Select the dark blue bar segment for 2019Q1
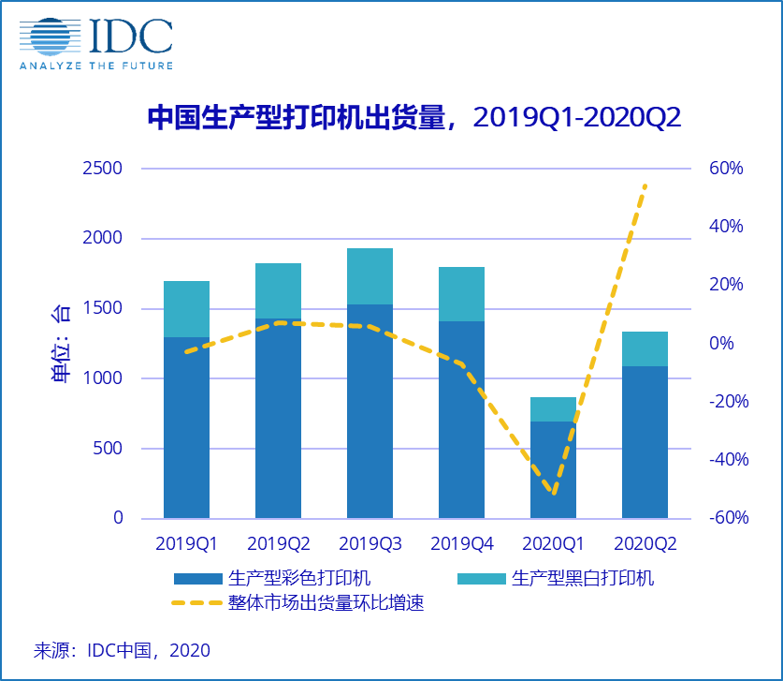point(186,426)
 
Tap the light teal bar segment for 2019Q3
point(370,276)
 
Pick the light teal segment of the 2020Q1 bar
point(553,409)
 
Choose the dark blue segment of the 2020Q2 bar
point(645,441)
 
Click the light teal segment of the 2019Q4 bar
point(461,294)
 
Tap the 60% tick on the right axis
point(726,169)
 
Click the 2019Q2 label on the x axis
point(278,543)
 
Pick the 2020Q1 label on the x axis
point(553,543)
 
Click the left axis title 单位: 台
point(59,343)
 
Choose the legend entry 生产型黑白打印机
point(582,578)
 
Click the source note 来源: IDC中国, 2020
point(122,650)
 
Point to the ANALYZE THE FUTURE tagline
point(96,65)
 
